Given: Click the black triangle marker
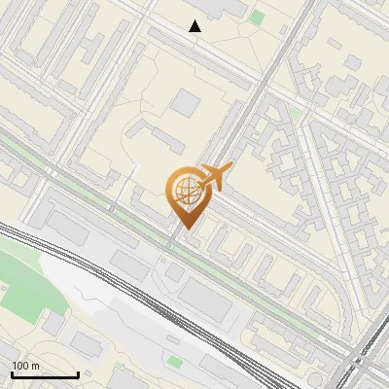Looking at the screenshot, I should point(195,26).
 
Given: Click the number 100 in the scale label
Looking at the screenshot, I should point(20,366).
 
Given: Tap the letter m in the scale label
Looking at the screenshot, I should point(35,366).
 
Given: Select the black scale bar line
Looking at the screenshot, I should point(44,375).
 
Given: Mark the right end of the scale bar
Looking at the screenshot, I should point(77,375).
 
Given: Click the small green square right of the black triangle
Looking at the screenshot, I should point(256,17).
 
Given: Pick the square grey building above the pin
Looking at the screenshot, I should point(187,100).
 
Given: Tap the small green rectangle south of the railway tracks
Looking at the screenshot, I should point(174,361).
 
